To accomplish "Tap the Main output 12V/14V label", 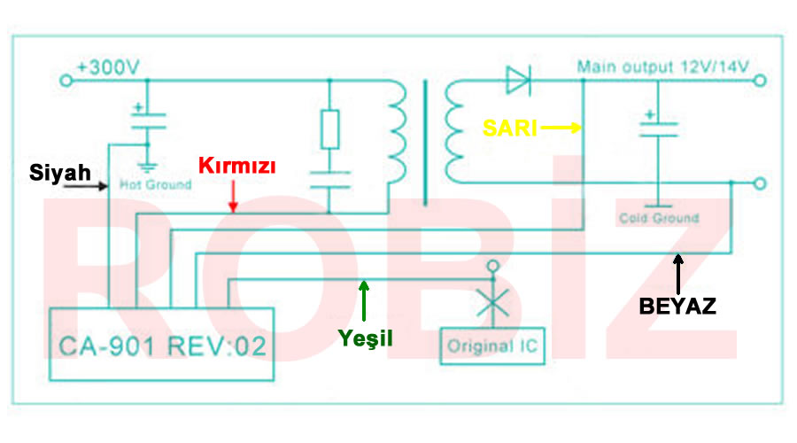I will (663, 66).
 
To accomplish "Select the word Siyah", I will (60, 172).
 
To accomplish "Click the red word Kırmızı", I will (237, 166).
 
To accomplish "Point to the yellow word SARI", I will (510, 128).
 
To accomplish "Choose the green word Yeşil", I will (366, 338).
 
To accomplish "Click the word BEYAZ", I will (677, 307).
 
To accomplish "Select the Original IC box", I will (491, 345).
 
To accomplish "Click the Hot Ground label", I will (155, 185).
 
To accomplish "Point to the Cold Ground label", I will (659, 218).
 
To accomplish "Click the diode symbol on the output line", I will (518, 81).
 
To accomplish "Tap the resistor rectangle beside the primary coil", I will (329, 129).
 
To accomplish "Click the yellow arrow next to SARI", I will (561, 128).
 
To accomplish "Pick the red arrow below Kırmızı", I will (233, 196).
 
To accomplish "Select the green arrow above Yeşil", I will (363, 299).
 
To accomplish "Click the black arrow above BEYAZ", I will (677, 273).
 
